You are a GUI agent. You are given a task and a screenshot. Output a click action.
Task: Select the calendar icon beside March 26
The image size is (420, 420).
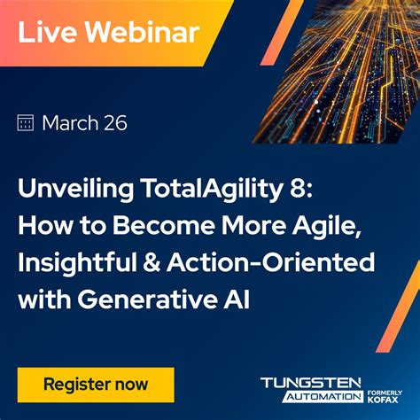[x=26, y=123]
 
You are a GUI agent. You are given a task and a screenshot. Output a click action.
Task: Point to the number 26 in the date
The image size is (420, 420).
[x=114, y=123]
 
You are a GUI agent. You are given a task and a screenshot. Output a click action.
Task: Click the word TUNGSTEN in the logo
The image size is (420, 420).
[x=310, y=383]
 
